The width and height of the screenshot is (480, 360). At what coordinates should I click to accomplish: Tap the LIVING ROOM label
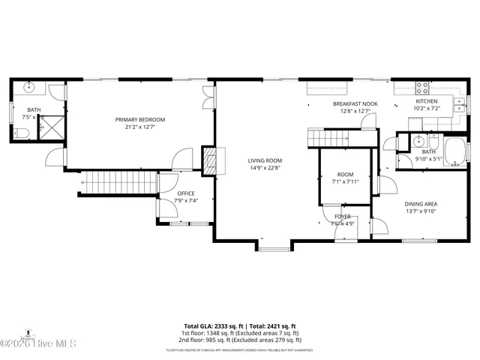coord(265,160)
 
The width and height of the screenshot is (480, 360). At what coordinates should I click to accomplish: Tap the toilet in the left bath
coord(21,133)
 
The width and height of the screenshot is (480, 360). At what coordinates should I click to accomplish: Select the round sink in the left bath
coord(30,88)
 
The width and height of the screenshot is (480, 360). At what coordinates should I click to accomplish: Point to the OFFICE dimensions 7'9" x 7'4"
coord(185,200)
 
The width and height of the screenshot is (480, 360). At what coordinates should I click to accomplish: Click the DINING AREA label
coord(421,203)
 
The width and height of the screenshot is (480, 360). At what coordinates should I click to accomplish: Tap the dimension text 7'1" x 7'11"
coord(344,181)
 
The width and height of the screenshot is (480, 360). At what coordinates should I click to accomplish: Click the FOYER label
coord(342,216)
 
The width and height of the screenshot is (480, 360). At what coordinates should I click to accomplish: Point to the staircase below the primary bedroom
coord(117,181)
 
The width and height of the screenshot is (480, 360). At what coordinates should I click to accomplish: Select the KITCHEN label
coord(426,100)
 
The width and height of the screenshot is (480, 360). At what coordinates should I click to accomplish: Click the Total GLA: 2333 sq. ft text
coord(212,326)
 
